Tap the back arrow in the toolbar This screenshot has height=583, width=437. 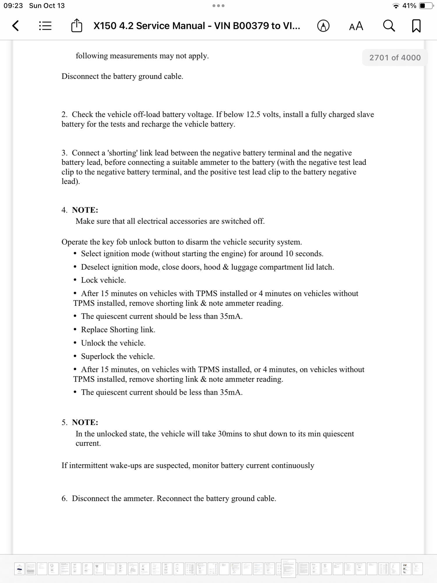[x=16, y=26]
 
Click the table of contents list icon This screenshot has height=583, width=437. [x=45, y=26]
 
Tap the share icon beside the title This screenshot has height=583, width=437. [x=77, y=26]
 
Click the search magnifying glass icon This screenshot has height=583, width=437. [x=389, y=26]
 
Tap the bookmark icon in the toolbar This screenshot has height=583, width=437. [x=416, y=26]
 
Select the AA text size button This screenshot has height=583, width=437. [x=356, y=26]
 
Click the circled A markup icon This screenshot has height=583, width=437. [x=323, y=26]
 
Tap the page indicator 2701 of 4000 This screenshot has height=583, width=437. [x=395, y=58]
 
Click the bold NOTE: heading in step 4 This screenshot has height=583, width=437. [x=85, y=210]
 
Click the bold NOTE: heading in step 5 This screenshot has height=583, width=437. [x=85, y=422]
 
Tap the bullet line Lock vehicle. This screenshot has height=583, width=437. [x=103, y=280]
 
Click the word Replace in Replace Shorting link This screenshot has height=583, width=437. [x=94, y=330]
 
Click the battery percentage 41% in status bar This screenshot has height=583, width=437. [x=409, y=6]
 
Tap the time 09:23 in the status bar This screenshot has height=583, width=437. [x=13, y=6]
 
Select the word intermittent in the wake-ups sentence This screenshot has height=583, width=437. [x=88, y=466]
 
